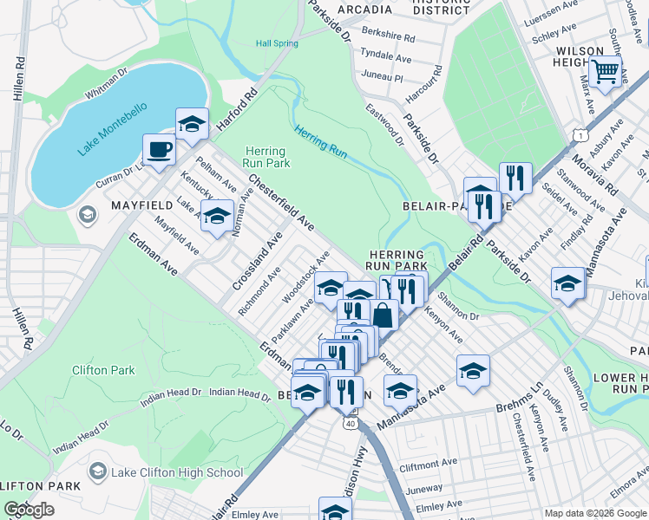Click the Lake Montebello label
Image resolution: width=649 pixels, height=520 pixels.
(x=112, y=131)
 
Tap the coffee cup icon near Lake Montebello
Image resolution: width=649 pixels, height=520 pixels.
(x=158, y=149)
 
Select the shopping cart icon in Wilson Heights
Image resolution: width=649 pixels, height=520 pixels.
(x=605, y=70)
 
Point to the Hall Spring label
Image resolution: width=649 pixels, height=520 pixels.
(x=277, y=43)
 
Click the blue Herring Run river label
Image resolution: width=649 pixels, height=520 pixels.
(x=320, y=142)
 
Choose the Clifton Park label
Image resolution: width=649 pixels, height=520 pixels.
(x=103, y=370)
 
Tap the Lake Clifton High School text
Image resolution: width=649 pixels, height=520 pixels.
(x=177, y=472)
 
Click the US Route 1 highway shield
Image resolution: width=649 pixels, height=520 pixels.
(x=580, y=134)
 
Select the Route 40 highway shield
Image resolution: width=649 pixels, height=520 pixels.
(x=350, y=423)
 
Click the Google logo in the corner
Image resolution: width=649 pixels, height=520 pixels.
(x=29, y=510)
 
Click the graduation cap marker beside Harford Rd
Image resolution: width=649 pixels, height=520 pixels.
(x=192, y=124)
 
